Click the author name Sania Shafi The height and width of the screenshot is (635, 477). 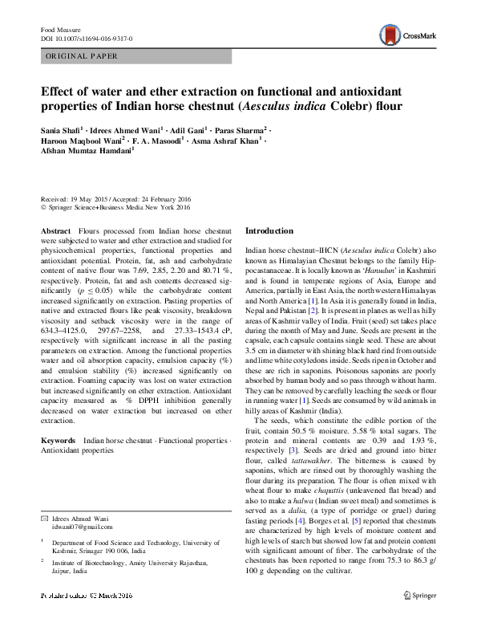tap(60, 130)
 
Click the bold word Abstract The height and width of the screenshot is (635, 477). tap(55, 230)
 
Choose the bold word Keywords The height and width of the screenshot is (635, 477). tap(58, 442)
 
